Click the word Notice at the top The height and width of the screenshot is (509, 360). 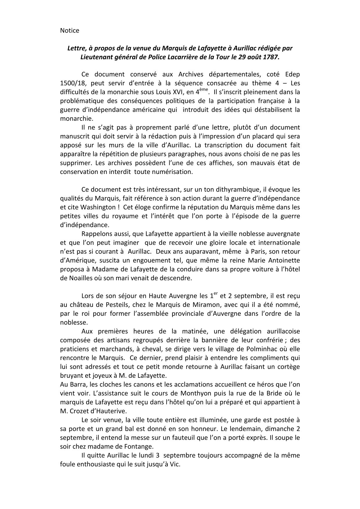pos(70,30)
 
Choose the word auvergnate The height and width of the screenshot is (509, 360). pos(280,234)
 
